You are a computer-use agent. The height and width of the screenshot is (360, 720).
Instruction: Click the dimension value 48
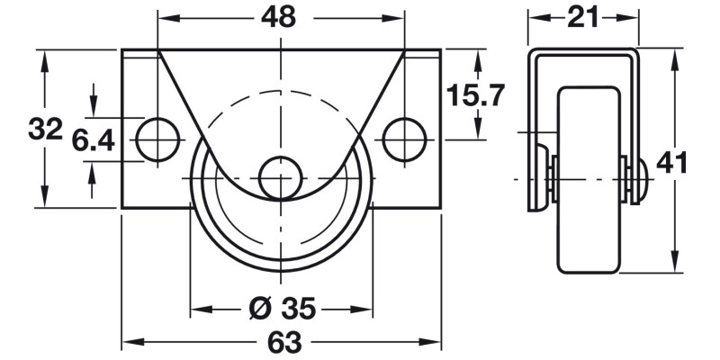(x=281, y=17)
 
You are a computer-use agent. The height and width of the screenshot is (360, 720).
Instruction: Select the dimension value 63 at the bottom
(x=281, y=343)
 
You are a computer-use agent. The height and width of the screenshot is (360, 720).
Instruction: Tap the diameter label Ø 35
(x=281, y=310)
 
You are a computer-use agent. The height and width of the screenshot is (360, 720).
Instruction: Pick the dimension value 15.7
(x=477, y=94)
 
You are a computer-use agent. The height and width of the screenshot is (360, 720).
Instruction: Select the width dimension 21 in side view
(x=582, y=16)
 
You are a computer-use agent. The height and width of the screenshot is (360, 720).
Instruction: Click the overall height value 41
(x=672, y=163)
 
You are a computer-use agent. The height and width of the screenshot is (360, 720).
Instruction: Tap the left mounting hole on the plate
(x=157, y=139)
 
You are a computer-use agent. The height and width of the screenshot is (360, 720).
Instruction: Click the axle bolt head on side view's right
(x=640, y=180)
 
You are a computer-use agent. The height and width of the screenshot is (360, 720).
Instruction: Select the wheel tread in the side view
(x=590, y=180)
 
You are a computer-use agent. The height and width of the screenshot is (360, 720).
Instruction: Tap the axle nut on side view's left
(x=543, y=178)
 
